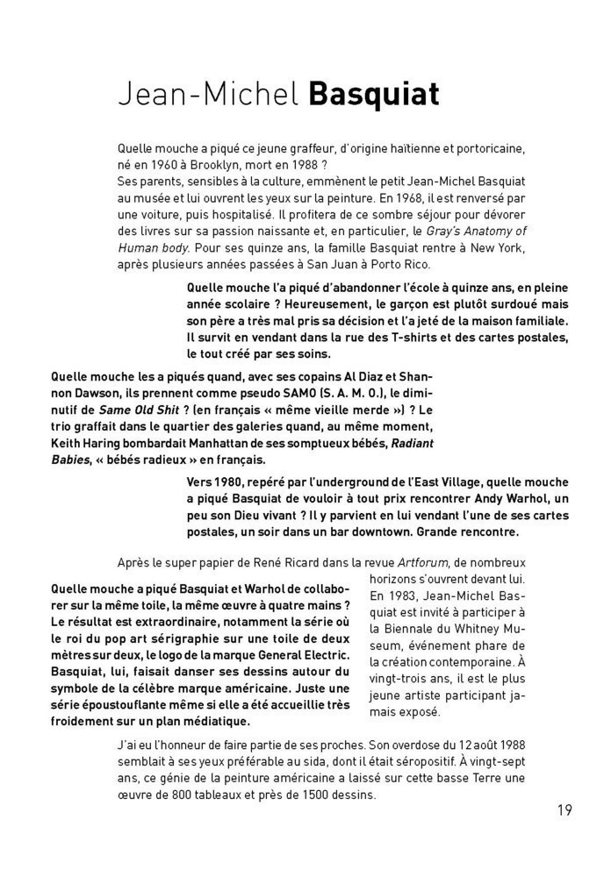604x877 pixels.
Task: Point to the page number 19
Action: (564, 809)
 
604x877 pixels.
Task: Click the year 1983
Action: (404, 595)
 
